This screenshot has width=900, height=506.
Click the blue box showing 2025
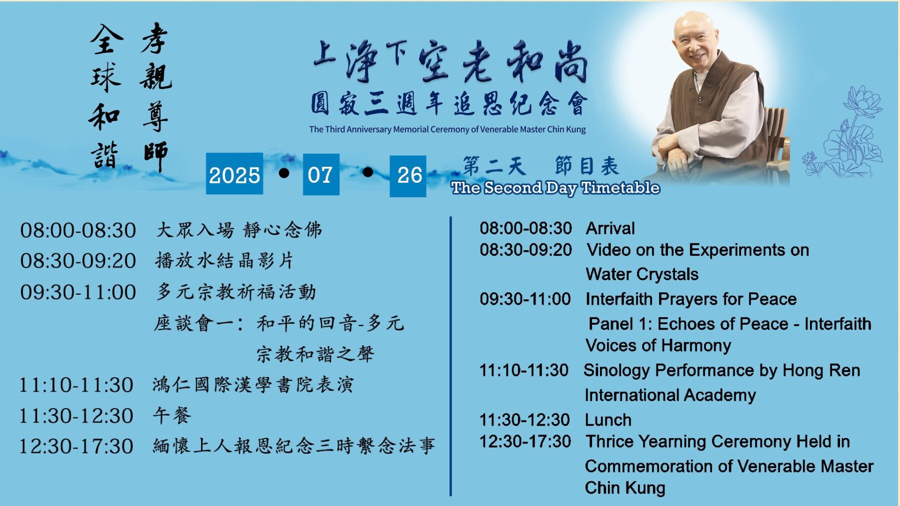click(x=234, y=174)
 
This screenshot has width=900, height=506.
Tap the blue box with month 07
click(x=321, y=174)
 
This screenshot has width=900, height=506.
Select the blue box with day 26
click(x=408, y=176)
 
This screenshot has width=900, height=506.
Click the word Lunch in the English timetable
click(x=608, y=420)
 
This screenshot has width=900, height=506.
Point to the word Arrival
click(x=610, y=228)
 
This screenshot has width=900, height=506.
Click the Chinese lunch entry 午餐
click(x=172, y=415)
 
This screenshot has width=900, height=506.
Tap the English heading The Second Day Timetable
click(x=555, y=188)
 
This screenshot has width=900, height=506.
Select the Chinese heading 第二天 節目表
click(x=540, y=166)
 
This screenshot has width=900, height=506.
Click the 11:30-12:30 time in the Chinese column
click(x=76, y=416)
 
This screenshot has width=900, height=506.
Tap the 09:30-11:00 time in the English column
click(x=525, y=299)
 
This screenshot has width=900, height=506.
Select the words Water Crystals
click(x=642, y=274)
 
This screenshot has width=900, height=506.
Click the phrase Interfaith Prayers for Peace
click(x=691, y=299)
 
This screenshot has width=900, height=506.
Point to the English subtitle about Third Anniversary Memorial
click(x=447, y=129)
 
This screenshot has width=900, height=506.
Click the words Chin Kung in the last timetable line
click(x=625, y=488)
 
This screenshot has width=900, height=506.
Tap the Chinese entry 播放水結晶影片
click(x=224, y=260)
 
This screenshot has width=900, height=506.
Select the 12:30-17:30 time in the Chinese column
click(x=76, y=447)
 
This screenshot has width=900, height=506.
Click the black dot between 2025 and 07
click(x=284, y=173)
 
